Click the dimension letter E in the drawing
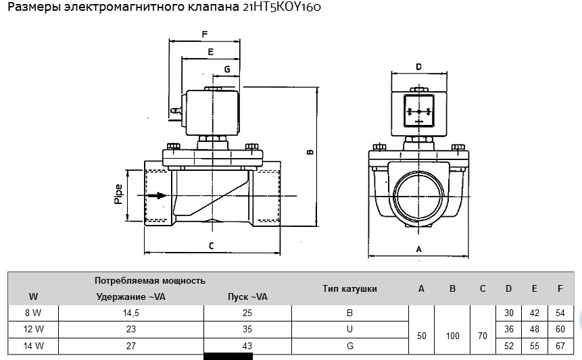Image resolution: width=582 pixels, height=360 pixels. pos(210,51)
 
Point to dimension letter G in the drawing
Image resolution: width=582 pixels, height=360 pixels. pos(226,69)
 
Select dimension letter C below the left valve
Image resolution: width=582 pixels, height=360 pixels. pos(211,246)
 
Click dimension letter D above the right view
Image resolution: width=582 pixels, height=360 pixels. pos(418,67)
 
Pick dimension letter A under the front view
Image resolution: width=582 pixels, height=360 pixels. pos(418,249)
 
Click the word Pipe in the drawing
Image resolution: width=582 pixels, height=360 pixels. pos(119,194)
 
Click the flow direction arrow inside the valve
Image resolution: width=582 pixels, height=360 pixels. pos(157,196)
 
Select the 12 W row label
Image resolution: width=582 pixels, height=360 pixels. pos(33,330)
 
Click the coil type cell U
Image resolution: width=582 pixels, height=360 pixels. pos(349,330)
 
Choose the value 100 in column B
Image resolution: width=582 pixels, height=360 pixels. pos(452,336)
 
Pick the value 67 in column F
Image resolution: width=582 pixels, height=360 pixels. pos(560,346)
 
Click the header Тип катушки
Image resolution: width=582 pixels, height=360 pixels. pos(349,288)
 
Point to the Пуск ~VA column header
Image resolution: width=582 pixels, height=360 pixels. pos(246,297)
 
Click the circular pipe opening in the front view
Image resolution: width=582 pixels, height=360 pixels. pos(418,195)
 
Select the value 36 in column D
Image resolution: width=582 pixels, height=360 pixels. pos(508,330)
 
